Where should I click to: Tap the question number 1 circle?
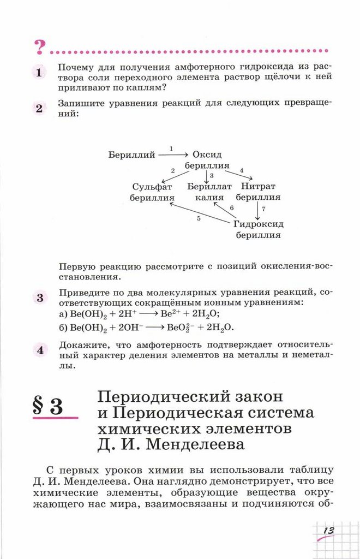click(39, 74)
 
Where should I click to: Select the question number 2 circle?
click(39, 108)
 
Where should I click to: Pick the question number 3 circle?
click(39, 298)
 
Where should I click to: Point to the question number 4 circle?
click(39, 350)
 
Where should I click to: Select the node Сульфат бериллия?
click(153, 192)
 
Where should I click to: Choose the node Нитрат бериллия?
click(258, 192)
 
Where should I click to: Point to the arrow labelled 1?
click(172, 155)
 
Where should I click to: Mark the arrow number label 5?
click(199, 219)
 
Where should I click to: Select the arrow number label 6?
click(231, 208)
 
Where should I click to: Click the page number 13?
click(328, 531)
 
